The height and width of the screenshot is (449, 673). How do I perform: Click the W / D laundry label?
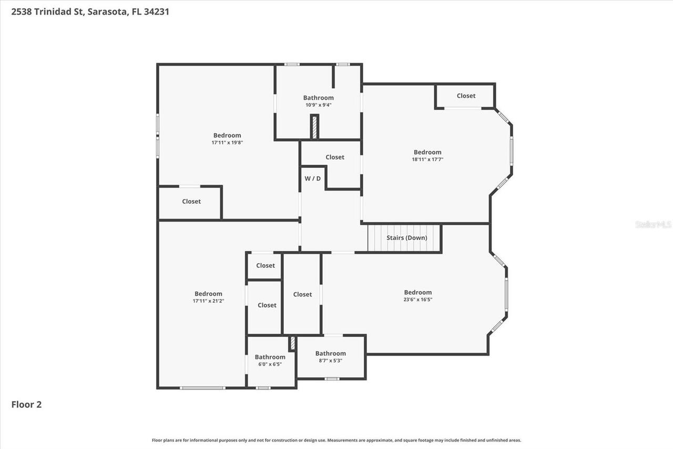312,178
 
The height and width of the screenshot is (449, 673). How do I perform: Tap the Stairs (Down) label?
406,237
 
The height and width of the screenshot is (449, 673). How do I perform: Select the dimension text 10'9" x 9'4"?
318,105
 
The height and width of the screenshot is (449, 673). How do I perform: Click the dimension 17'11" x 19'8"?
227,143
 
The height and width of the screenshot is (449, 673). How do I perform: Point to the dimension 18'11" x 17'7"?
427,159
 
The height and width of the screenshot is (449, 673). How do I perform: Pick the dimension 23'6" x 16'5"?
417,300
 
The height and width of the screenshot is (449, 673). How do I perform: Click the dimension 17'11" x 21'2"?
208,301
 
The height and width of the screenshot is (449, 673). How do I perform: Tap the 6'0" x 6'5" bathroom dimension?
270,364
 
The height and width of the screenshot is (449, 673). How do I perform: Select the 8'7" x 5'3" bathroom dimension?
330,361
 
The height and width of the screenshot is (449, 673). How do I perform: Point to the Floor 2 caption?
26,404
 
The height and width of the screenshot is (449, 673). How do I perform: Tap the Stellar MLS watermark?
653,224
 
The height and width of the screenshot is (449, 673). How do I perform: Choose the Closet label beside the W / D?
334,157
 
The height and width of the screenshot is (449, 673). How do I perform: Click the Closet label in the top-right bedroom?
466,96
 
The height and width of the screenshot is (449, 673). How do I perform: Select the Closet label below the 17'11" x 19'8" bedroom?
191,201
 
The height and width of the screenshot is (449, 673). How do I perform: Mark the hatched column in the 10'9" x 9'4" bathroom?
314,127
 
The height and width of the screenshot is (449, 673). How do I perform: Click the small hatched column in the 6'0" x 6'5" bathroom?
292,343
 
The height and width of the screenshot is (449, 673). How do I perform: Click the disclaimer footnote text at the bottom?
336,440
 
